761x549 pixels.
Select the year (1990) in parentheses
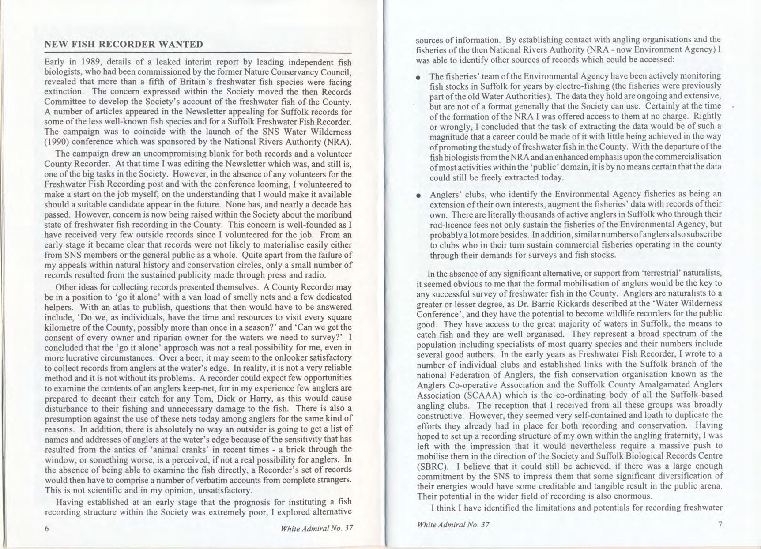click(x=56, y=142)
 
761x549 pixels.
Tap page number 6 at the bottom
click(x=47, y=529)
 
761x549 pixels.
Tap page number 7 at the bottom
click(x=720, y=524)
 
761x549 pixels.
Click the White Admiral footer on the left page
click(x=317, y=528)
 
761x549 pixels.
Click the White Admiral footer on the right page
click(x=453, y=525)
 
